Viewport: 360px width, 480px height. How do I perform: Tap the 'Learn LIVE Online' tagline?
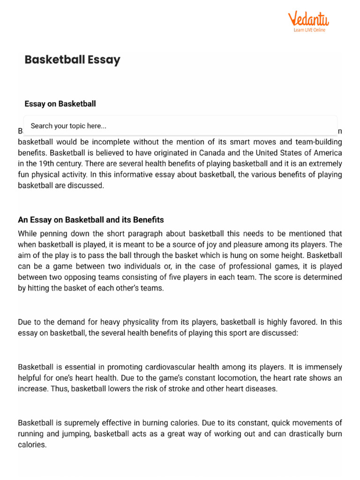coord(309,30)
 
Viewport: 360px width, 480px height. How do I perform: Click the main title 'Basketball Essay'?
coord(72,60)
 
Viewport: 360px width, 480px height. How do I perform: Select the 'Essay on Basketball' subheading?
coord(60,104)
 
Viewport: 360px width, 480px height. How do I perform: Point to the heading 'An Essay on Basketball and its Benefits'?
coord(90,220)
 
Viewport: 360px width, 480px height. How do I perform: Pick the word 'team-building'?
coord(319,142)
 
